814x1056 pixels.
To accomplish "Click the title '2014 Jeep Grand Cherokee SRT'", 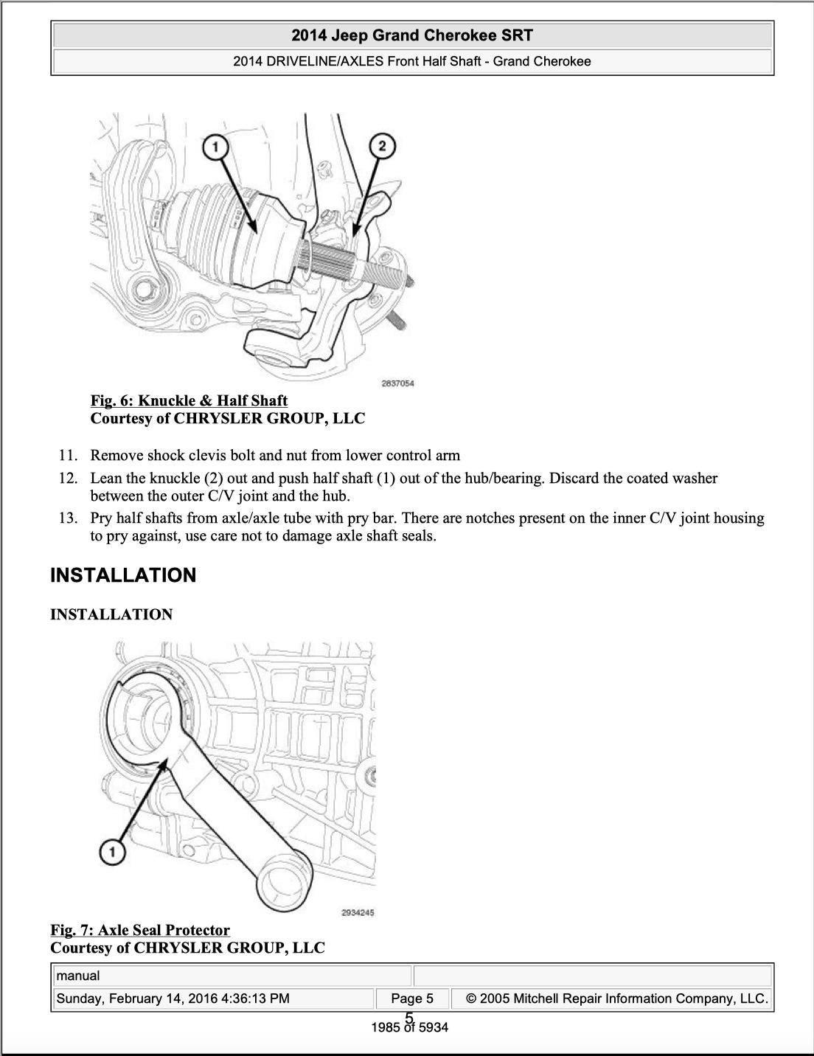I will (411, 35).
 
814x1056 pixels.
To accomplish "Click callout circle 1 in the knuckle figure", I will (215, 147).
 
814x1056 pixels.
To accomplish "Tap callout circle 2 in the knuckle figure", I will (381, 145).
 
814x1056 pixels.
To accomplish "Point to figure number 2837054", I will (397, 383).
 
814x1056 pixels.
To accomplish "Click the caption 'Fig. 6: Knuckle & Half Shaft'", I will (189, 400).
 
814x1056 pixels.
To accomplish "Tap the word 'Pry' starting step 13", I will (102, 518).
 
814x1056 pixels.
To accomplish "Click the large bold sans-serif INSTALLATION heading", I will (123, 575).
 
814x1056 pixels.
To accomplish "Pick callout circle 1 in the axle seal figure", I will (112, 853).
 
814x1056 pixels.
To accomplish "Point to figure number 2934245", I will (358, 913).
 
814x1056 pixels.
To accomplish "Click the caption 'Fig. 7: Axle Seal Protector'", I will (140, 930).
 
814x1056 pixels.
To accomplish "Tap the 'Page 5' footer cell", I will (411, 998).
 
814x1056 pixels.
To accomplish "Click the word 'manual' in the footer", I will (78, 976).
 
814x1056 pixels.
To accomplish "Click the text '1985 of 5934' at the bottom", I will (410, 1028).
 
